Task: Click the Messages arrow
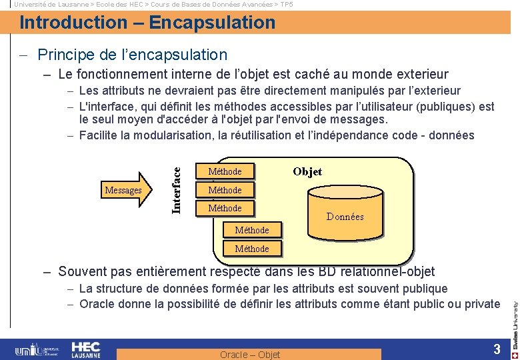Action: tap(127, 190)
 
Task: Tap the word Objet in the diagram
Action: tap(307, 171)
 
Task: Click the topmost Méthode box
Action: tap(225, 171)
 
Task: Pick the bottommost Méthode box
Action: tap(252, 249)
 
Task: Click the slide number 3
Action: tap(497, 349)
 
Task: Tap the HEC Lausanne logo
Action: tap(85, 349)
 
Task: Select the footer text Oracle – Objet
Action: tap(250, 355)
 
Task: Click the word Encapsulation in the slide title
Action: tap(212, 23)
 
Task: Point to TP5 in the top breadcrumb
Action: tap(286, 4)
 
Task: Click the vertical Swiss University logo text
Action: tap(515, 320)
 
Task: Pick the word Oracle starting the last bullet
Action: tap(97, 304)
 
